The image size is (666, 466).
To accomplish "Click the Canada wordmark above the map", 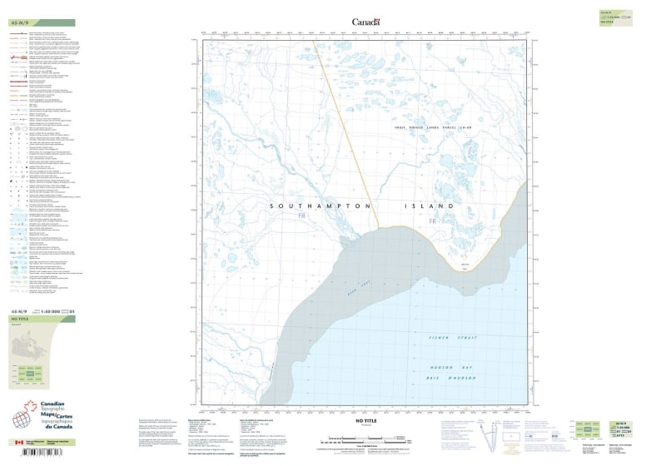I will pyautogui.click(x=365, y=22).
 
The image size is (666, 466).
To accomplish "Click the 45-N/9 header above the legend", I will pyautogui.click(x=20, y=22).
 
